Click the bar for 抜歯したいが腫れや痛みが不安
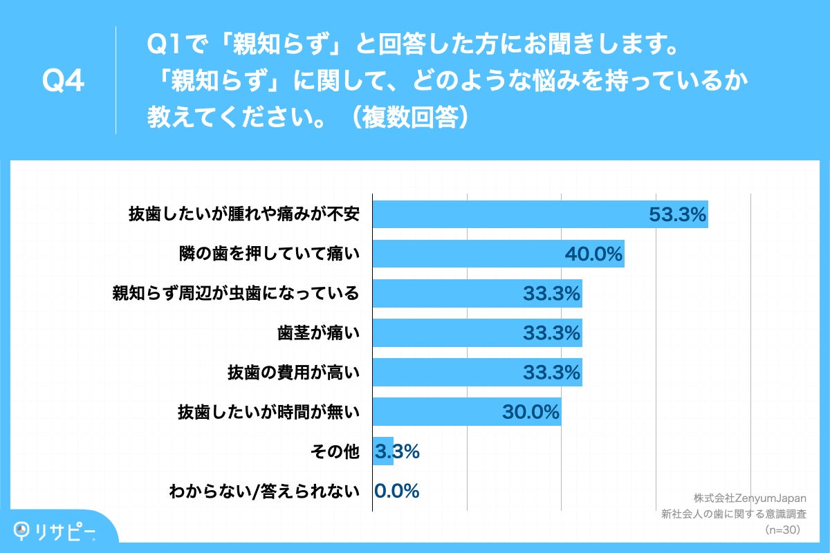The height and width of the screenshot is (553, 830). (539, 214)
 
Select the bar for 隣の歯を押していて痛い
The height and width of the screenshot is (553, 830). (498, 254)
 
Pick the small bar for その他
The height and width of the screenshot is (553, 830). (382, 451)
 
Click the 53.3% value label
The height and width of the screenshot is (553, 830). (677, 215)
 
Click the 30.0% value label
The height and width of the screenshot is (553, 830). (530, 412)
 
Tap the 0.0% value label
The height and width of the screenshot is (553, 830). (397, 491)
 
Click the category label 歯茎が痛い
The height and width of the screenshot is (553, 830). (317, 333)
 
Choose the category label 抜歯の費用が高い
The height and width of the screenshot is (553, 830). (293, 373)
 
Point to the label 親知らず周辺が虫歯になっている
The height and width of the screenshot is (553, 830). (236, 294)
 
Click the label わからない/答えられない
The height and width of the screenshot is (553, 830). (264, 491)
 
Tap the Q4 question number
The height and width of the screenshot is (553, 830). (63, 82)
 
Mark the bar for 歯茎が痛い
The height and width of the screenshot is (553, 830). (477, 333)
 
